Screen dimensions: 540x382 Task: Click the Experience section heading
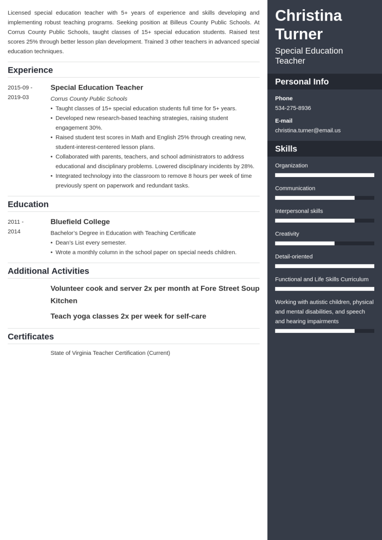(30, 70)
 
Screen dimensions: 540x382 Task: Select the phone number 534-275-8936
(293, 108)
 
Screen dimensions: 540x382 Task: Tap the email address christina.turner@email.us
(308, 130)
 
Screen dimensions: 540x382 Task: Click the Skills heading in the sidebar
(286, 149)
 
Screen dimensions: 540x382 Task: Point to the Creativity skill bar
(324, 244)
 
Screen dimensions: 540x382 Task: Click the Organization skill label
(291, 165)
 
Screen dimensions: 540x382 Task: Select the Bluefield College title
(80, 222)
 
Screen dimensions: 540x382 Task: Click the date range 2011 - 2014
(15, 227)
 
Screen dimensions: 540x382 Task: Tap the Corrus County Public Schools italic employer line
(88, 99)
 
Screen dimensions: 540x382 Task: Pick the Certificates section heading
(31, 337)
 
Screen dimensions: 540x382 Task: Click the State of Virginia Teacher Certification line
(110, 353)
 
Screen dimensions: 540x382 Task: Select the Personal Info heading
(302, 82)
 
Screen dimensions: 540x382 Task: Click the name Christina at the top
(308, 15)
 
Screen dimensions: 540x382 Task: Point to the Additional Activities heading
(48, 271)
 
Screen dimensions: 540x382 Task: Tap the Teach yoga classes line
(128, 316)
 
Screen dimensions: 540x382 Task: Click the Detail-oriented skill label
(294, 256)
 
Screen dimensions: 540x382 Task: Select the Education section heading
(28, 204)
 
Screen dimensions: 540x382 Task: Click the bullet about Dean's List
(91, 242)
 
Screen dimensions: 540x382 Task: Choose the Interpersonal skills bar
(324, 221)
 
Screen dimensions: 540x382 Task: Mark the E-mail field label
(283, 121)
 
